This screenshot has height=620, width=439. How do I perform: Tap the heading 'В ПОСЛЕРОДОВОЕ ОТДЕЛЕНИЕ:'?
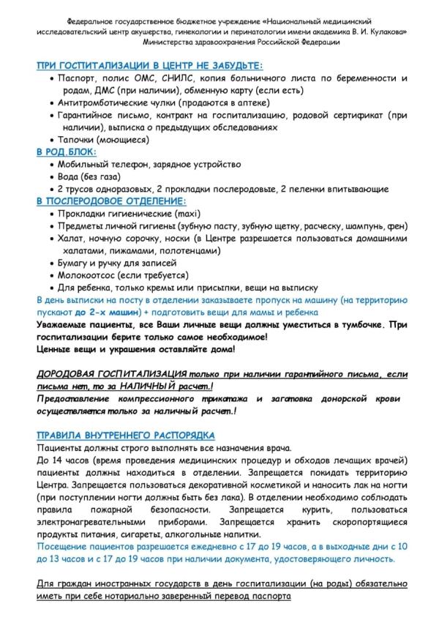[110, 200]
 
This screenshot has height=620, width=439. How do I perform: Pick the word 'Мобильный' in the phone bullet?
[82, 164]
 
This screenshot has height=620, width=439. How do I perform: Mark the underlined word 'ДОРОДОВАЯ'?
[72, 373]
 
